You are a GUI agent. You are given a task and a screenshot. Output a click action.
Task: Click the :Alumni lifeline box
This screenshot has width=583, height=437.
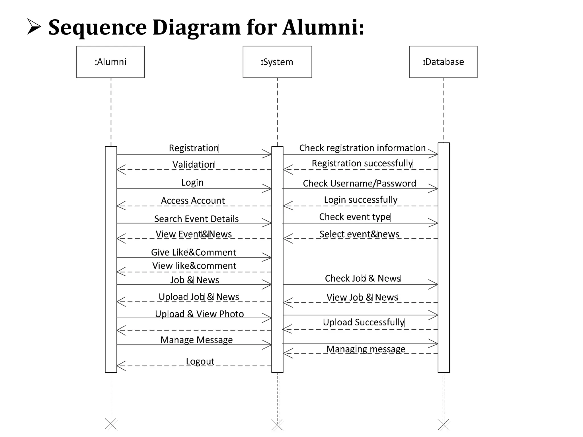[x=110, y=62]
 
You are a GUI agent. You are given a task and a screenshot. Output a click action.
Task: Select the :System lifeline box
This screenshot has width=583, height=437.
[x=277, y=62]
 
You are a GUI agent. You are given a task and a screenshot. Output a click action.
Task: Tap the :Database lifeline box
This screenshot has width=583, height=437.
[x=443, y=62]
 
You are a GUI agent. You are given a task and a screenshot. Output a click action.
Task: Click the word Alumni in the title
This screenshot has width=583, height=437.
[x=323, y=27]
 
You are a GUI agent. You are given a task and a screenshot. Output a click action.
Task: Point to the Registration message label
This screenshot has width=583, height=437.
[x=194, y=148]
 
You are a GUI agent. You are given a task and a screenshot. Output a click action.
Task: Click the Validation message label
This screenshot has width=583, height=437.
[x=194, y=165]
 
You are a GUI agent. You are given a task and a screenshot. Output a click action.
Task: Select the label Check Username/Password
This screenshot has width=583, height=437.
[x=359, y=183]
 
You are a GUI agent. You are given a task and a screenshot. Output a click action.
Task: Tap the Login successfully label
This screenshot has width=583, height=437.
[x=360, y=200]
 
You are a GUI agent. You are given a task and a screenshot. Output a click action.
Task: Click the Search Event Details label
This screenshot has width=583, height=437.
[x=196, y=219]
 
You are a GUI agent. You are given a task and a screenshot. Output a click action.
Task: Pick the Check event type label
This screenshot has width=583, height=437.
[x=355, y=217]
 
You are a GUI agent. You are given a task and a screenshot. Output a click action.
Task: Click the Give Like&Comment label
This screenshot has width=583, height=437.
[x=193, y=252]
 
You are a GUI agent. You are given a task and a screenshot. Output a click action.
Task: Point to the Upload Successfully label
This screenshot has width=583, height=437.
[x=364, y=322]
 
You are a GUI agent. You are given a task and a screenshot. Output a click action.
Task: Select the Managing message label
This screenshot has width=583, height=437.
[x=366, y=349]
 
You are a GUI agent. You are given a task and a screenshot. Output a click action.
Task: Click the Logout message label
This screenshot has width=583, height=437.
[x=200, y=361]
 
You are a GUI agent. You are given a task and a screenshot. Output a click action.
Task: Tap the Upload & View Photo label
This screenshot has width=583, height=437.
[x=199, y=314]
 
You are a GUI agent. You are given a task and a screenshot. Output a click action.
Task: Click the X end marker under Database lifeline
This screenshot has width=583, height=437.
[x=443, y=425]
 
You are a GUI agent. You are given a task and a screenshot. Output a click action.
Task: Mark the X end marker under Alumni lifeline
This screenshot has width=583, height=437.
[x=111, y=424]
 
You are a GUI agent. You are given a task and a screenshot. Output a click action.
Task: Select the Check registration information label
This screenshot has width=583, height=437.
[x=362, y=148]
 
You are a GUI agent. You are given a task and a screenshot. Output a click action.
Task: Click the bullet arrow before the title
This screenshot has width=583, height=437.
[x=34, y=27]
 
